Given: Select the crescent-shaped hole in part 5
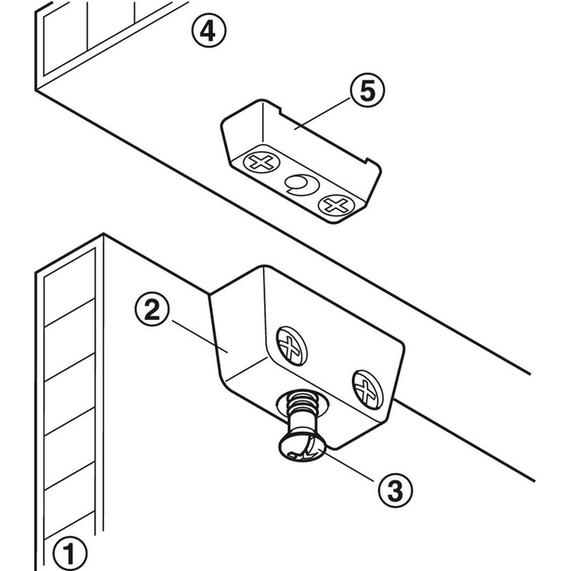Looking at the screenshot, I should pyautogui.click(x=296, y=186).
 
